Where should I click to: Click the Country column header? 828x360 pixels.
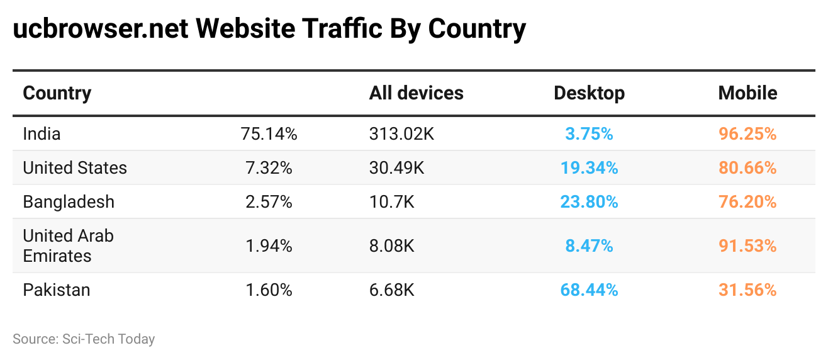[57, 93]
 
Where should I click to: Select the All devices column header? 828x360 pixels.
[416, 93]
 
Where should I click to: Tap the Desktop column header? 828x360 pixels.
[589, 93]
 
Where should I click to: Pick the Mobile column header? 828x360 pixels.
[747, 93]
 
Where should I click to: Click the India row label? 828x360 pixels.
[42, 133]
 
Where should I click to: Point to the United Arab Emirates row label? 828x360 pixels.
[68, 245]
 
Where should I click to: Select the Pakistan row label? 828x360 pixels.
[57, 290]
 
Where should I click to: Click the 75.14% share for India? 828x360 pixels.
[269, 133]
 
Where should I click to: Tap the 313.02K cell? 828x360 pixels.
[401, 133]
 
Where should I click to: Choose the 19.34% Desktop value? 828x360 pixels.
[589, 168]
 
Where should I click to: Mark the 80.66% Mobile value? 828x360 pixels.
[747, 168]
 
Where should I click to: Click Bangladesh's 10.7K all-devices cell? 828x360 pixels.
[391, 202]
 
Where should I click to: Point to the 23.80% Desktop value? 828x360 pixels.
[589, 202]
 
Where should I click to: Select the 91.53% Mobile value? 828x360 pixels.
[747, 245]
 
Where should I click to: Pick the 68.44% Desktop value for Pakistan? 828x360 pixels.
[589, 290]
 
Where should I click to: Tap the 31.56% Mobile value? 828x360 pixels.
[747, 290]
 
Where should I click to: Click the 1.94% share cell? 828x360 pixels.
[269, 245]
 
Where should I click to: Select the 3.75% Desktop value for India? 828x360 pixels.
[589, 133]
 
